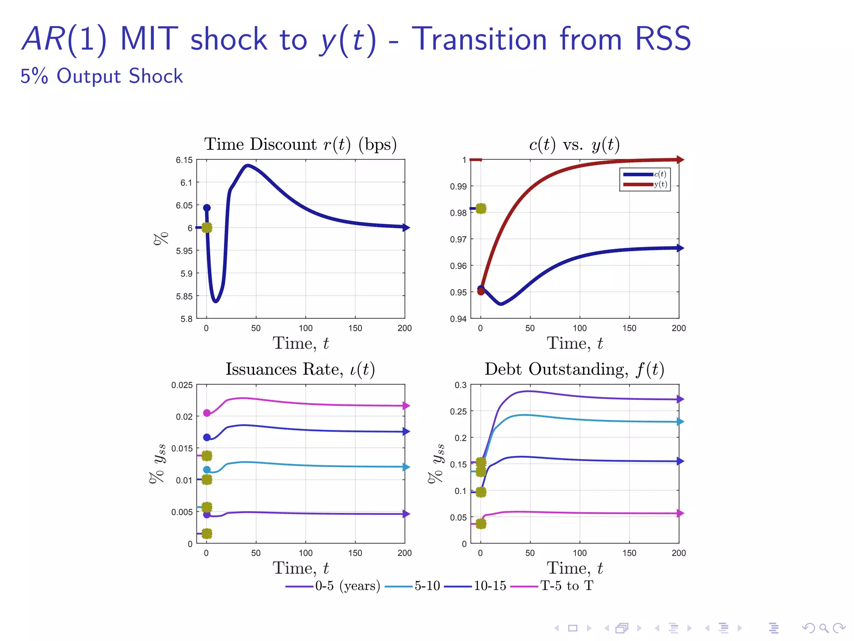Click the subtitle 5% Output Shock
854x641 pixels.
102,76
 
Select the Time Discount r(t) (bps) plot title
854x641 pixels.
300,144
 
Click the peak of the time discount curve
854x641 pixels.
247,166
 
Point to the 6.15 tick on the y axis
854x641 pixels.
184,160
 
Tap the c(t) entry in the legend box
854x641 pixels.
660,174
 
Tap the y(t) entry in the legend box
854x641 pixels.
660,184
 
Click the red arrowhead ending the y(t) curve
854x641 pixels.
680,159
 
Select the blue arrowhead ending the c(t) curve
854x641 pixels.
680,248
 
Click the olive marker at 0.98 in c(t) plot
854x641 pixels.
481,208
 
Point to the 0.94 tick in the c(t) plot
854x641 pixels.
458,319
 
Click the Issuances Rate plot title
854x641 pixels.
300,369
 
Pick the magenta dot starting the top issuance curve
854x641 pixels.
207,413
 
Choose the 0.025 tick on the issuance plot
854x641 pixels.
182,385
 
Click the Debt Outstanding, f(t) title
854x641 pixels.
574,369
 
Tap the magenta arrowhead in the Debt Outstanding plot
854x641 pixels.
680,513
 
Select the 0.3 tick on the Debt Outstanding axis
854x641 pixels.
460,385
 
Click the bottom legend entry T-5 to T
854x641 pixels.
566,586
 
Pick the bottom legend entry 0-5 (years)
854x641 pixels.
347,586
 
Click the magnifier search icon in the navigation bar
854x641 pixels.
824,628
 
